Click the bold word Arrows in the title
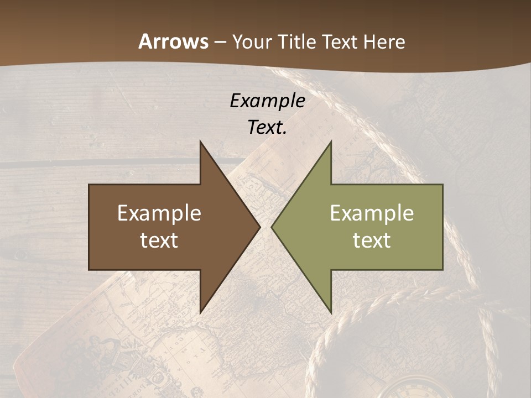pyautogui.click(x=173, y=41)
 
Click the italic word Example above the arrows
pyautogui.click(x=267, y=101)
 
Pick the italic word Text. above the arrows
pyautogui.click(x=267, y=128)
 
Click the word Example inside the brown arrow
pyautogui.click(x=159, y=213)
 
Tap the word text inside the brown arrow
pyautogui.click(x=159, y=240)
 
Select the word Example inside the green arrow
pyautogui.click(x=372, y=213)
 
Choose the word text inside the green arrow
pyautogui.click(x=372, y=240)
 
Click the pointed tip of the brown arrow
pyautogui.click(x=260, y=227)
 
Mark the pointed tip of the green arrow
pyautogui.click(x=272, y=227)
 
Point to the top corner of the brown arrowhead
pyautogui.click(x=200, y=142)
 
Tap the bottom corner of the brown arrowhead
pyautogui.click(x=200, y=313)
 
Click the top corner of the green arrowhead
pyautogui.click(x=331, y=142)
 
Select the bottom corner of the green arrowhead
pyautogui.click(x=331, y=313)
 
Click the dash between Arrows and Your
pyautogui.click(x=220, y=43)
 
